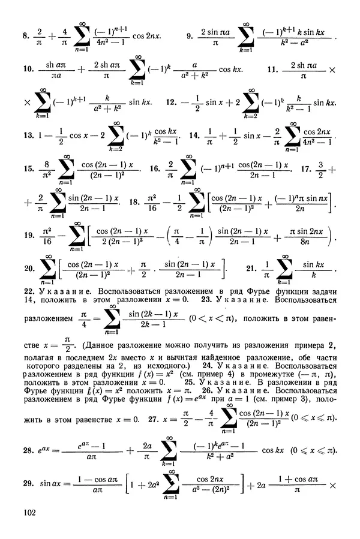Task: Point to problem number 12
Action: tap(179, 103)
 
